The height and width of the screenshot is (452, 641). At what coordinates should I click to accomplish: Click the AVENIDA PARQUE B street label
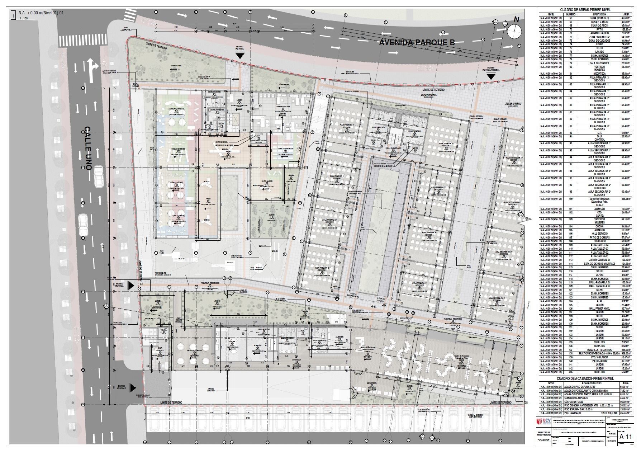417,43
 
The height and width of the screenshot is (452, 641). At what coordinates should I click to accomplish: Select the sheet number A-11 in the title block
626,436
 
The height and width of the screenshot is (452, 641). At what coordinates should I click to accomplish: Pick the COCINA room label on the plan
232,342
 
